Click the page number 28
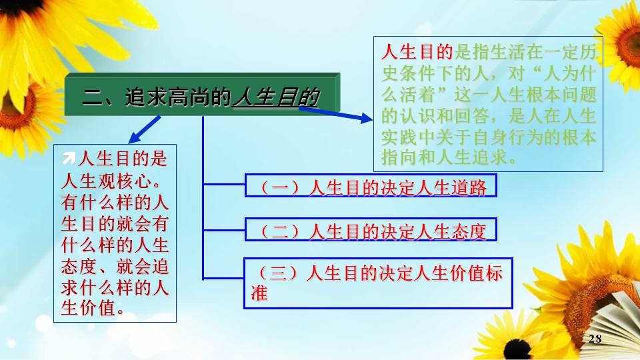(595, 339)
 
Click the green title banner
(202, 94)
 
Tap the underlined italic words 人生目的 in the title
(275, 97)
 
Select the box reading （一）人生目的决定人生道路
(371, 185)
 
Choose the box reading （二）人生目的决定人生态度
(371, 229)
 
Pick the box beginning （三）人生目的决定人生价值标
(378, 283)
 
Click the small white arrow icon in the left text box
(69, 159)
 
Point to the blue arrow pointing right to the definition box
(335, 113)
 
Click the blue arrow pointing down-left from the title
(145, 129)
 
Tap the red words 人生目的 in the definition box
(417, 52)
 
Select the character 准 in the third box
(259, 293)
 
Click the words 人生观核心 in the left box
(106, 181)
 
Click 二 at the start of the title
(93, 97)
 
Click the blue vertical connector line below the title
(203, 198)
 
